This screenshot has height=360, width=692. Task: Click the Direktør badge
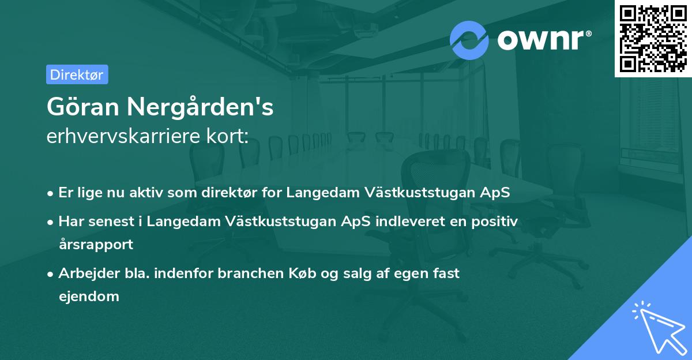pyautogui.click(x=77, y=74)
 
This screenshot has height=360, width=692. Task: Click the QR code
pyautogui.click(x=652, y=38)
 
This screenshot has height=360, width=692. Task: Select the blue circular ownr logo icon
pyautogui.click(x=469, y=40)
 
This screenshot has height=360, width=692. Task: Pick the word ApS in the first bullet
pyautogui.click(x=496, y=193)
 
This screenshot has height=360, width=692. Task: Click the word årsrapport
pyautogui.click(x=96, y=245)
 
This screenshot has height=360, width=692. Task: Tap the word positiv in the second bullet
pyautogui.click(x=495, y=221)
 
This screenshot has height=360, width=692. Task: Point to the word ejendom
pyautogui.click(x=89, y=297)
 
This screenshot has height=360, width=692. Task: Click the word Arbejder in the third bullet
pyautogui.click(x=85, y=273)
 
